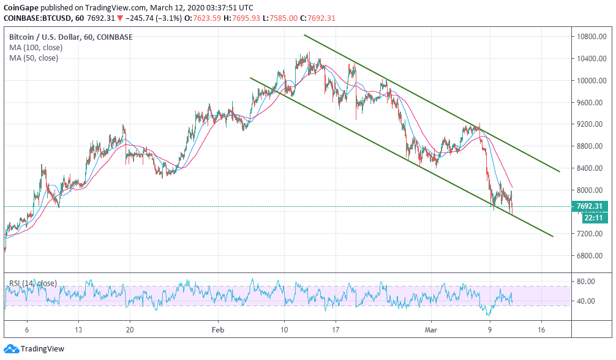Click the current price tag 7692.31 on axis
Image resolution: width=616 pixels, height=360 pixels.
(589, 206)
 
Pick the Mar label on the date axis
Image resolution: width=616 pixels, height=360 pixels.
(431, 329)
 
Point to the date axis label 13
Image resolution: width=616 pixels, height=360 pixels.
(78, 329)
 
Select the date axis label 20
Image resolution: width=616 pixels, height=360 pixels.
(130, 329)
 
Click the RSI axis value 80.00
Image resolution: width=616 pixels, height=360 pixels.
(585, 282)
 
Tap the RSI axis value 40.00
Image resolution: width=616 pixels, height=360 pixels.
(585, 301)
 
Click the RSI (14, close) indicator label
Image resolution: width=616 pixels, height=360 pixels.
(34, 283)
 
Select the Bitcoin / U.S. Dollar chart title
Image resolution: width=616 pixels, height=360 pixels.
(43, 37)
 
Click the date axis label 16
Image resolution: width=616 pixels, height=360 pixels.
(541, 329)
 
